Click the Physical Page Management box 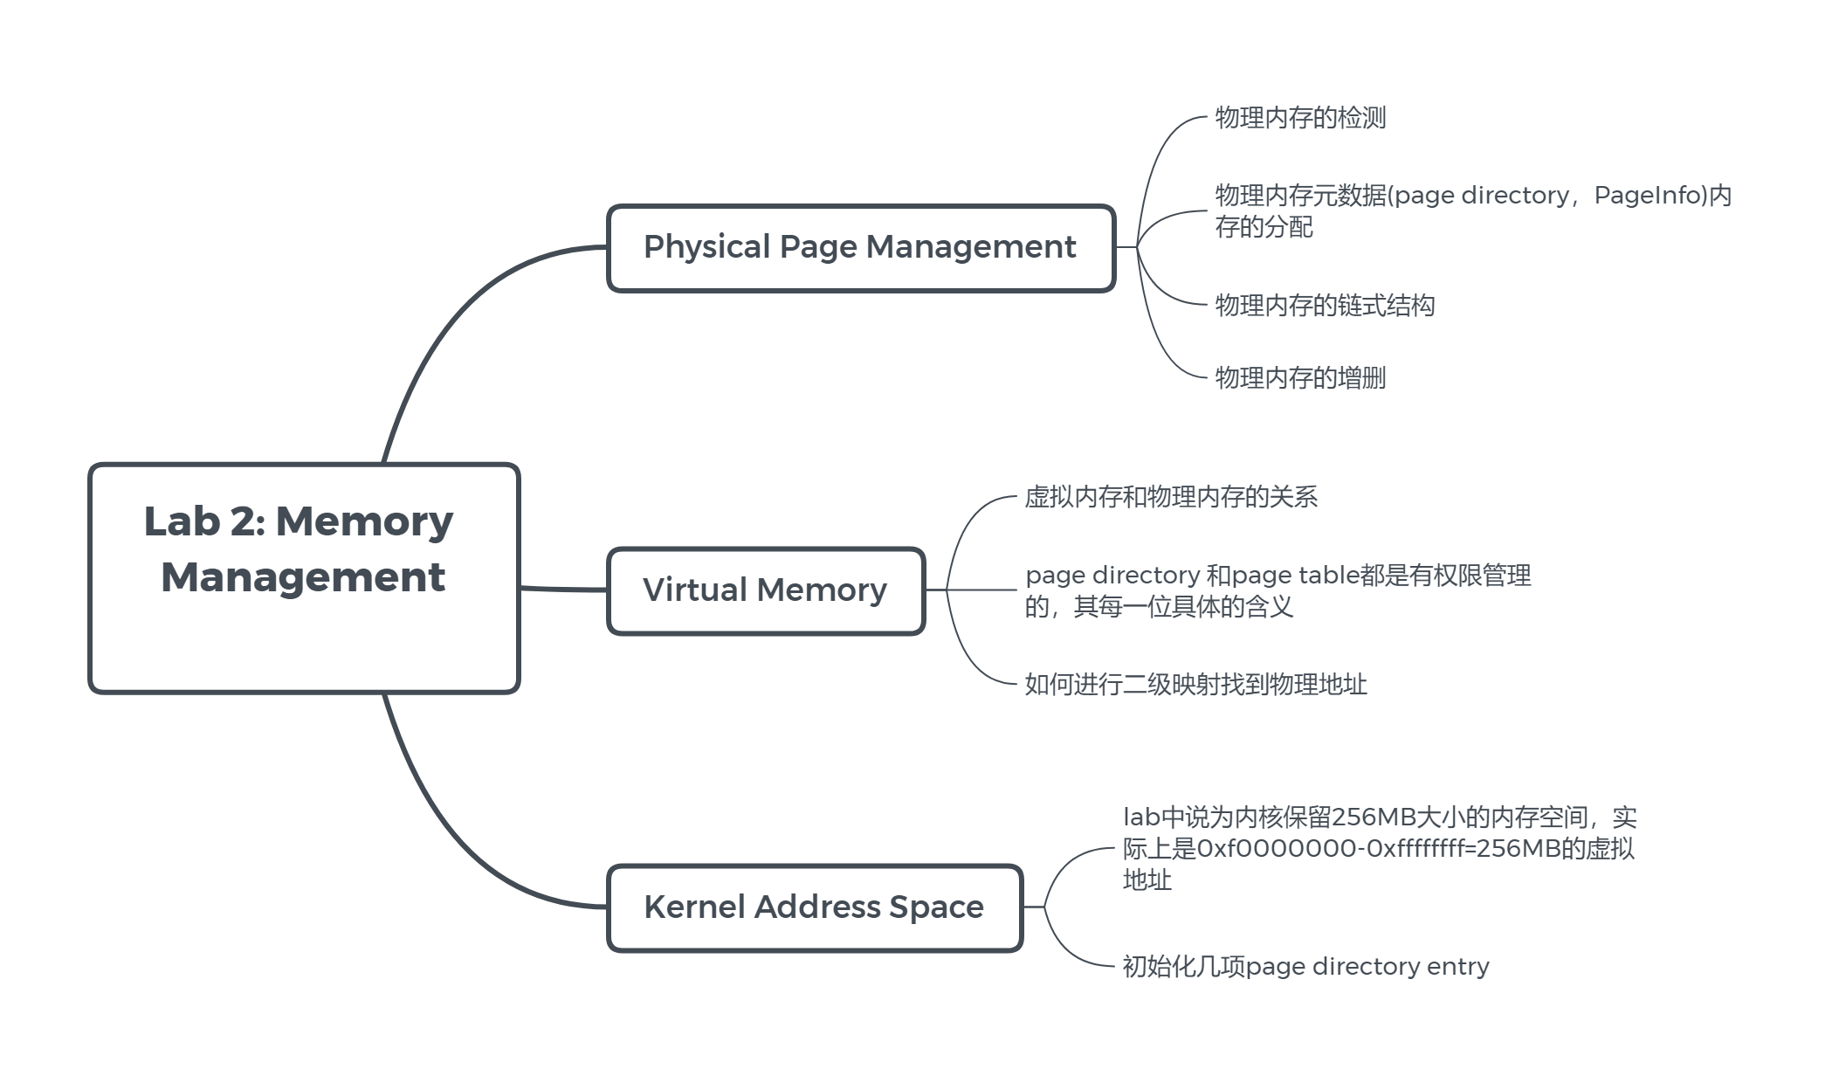click(860, 248)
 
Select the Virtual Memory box click(765, 590)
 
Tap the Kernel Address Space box click(814, 907)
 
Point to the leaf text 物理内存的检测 click(1300, 118)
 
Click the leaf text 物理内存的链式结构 click(1325, 306)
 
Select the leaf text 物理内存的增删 click(1300, 378)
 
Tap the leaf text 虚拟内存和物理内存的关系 click(1171, 497)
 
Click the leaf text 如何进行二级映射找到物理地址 click(1195, 684)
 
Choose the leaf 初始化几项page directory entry click(1305, 967)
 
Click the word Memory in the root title click(364, 521)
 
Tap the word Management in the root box click(303, 577)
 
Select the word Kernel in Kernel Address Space click(694, 907)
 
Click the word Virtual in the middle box click(694, 590)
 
